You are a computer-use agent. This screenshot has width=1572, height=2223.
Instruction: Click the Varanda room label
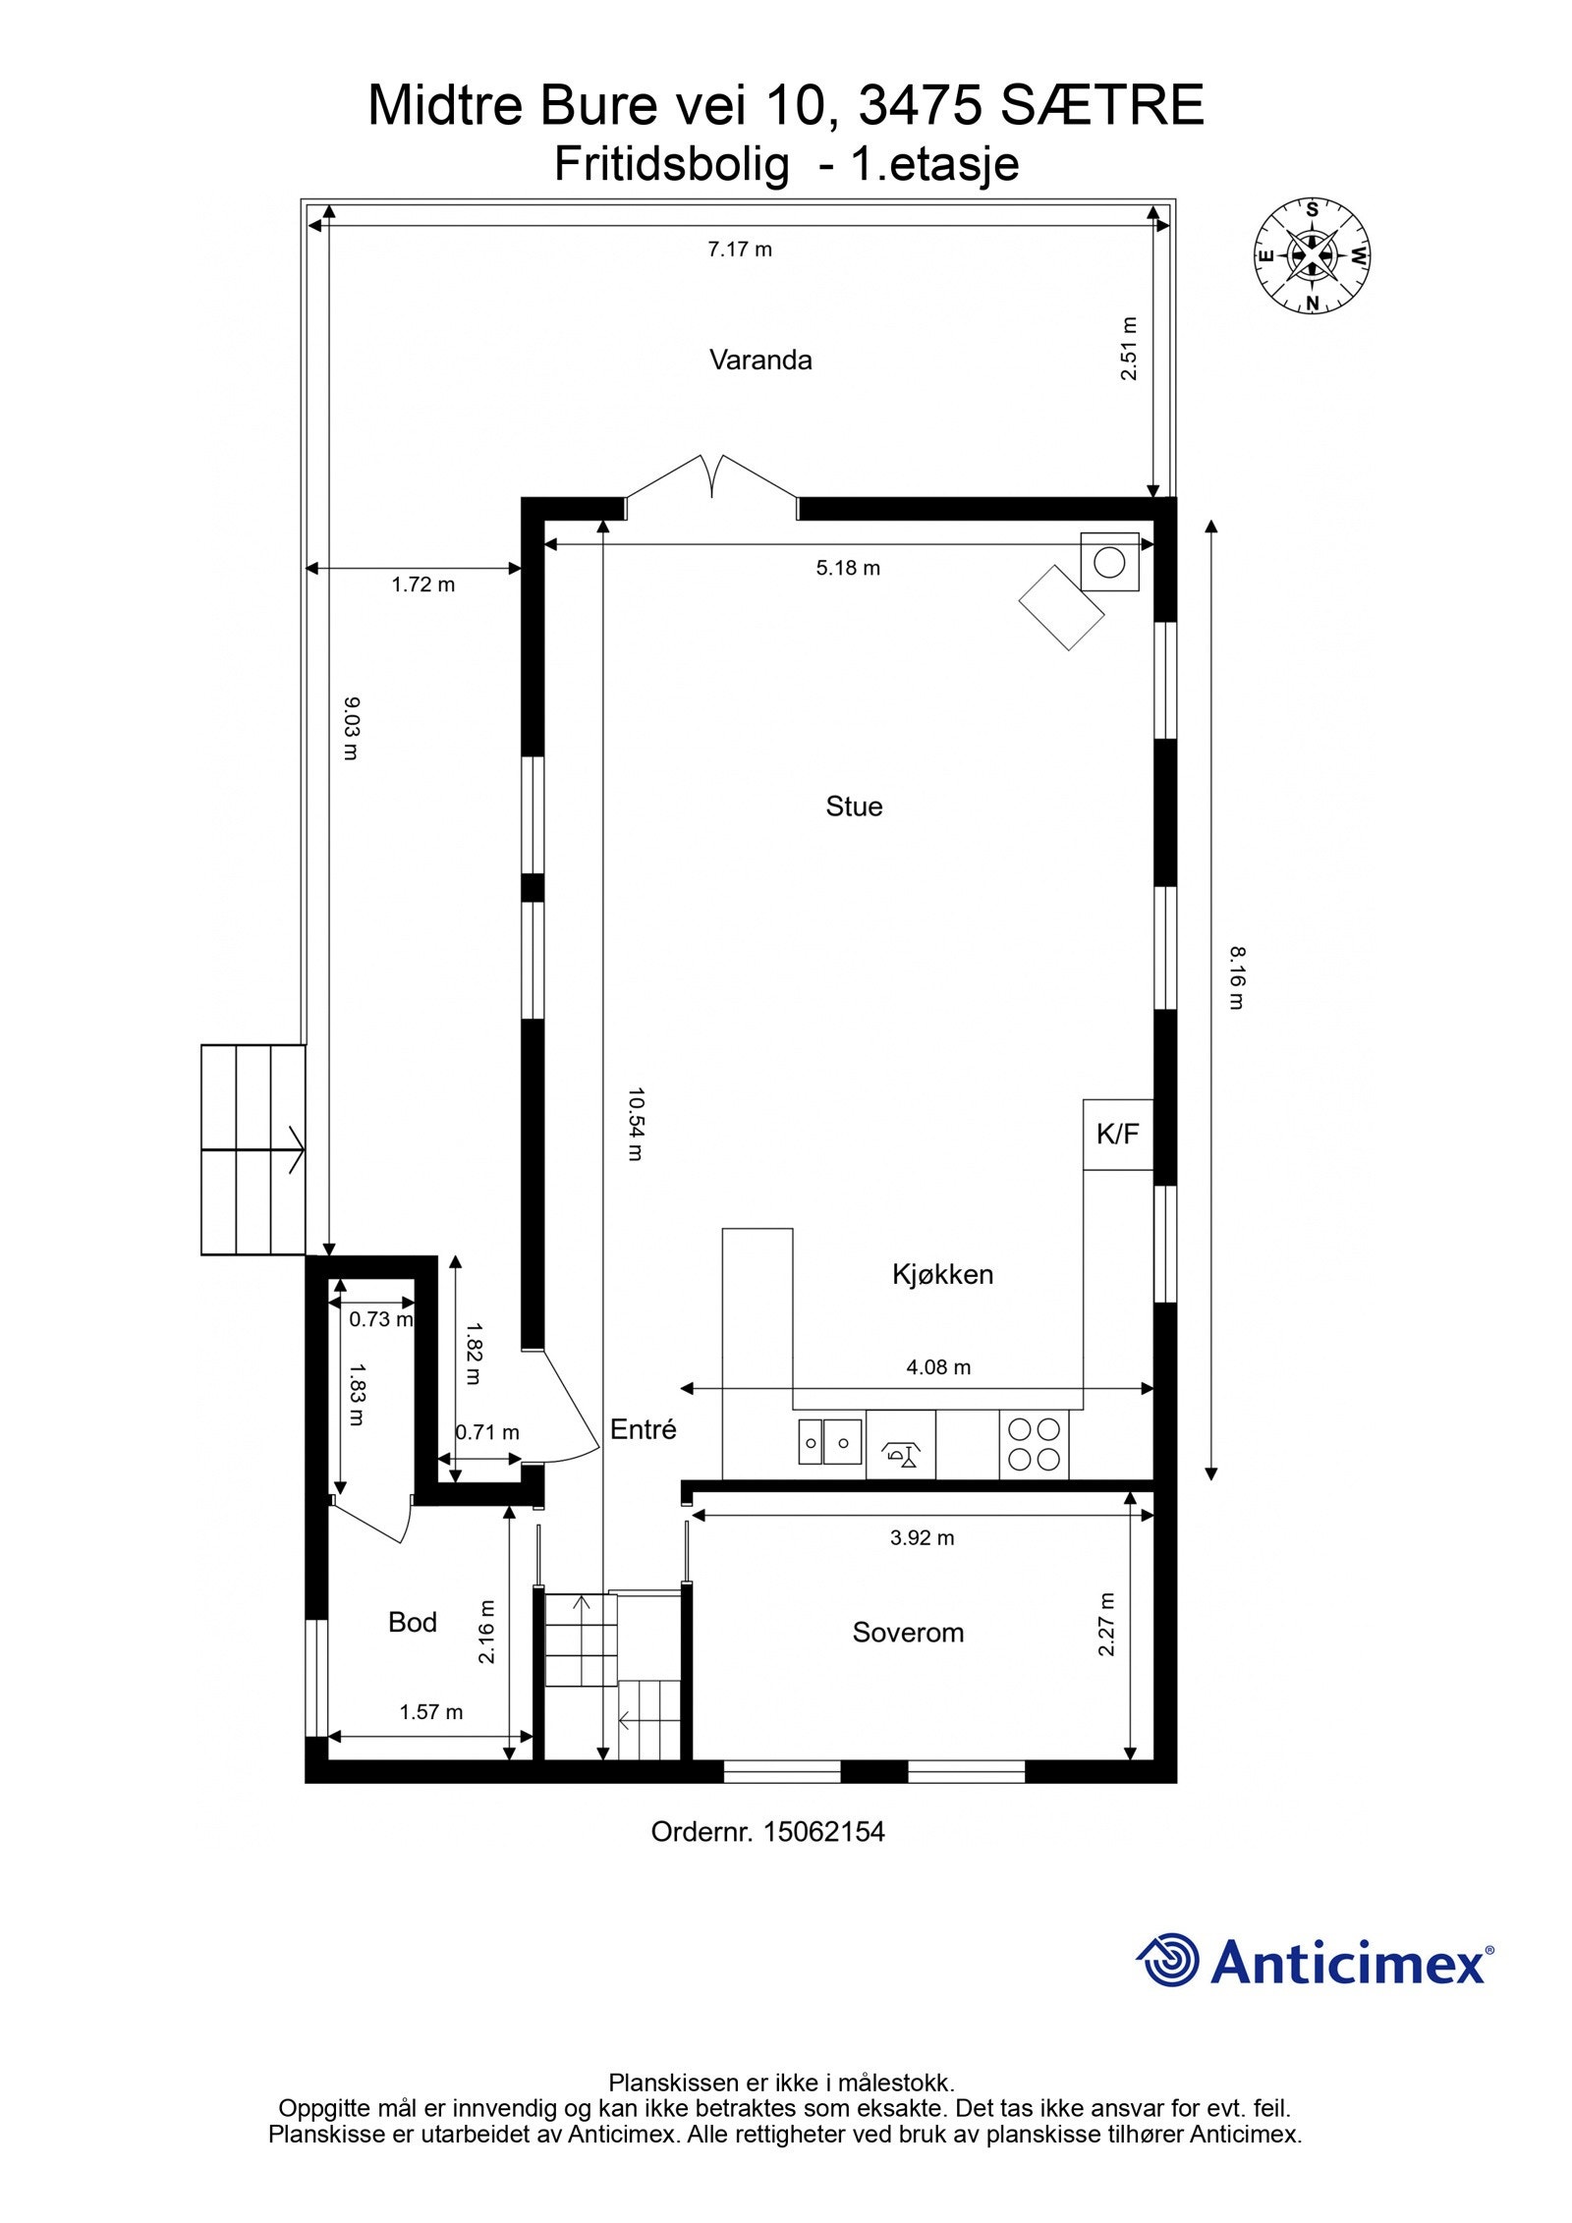[760, 360]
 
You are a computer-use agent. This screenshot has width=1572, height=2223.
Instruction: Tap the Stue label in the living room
[853, 806]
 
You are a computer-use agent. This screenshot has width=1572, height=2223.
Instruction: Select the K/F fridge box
[1117, 1135]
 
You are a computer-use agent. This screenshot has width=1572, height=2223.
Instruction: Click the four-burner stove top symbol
[1034, 1444]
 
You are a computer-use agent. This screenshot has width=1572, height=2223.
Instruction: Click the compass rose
[1311, 255]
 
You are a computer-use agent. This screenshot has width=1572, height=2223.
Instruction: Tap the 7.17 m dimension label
[740, 250]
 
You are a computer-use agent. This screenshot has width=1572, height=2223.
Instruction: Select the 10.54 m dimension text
[635, 1124]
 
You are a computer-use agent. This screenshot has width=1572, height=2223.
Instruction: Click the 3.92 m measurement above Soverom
[922, 1538]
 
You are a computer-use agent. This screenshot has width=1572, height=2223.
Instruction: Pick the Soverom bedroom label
[908, 1633]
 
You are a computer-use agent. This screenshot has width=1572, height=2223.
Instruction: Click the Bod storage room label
[412, 1622]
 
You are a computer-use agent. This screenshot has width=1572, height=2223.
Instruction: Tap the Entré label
[643, 1429]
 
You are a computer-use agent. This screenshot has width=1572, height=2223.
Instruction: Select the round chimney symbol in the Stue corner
[1109, 562]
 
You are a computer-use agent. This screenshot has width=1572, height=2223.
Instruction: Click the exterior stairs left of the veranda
[253, 1149]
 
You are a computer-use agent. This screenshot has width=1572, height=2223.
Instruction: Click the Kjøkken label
[942, 1274]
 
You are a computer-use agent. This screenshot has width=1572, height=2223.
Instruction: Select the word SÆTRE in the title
[1101, 106]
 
